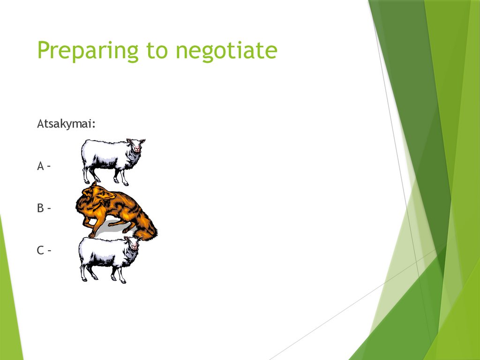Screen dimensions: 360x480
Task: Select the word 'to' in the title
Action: (157, 51)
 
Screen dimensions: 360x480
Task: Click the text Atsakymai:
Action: (67, 124)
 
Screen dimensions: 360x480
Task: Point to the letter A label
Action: (40, 166)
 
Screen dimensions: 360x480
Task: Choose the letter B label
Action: (40, 208)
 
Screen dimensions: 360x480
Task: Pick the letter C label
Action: (40, 250)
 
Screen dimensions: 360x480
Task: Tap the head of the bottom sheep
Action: (134, 243)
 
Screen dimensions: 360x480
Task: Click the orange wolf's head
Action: (96, 193)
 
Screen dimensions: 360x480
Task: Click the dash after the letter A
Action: (48, 166)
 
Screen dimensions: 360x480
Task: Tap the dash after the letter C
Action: (49, 251)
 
